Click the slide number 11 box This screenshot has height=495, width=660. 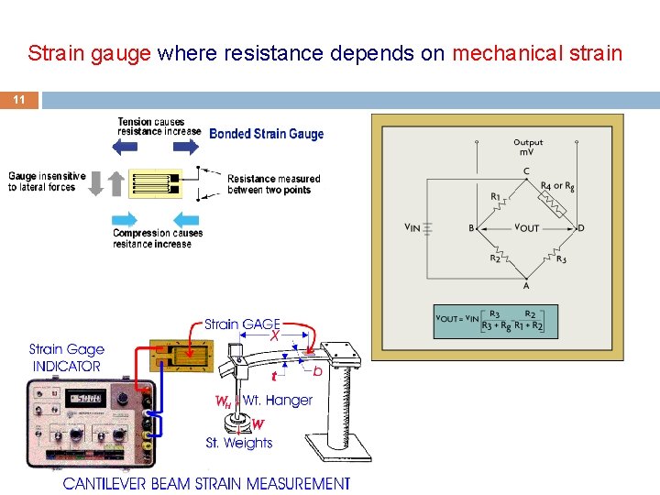point(19,100)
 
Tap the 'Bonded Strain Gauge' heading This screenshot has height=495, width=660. point(266,134)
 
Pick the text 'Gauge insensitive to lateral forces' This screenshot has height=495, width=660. point(47,181)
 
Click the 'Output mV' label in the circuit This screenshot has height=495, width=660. point(528,147)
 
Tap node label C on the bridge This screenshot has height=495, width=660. point(525,170)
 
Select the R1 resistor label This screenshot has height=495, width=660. point(495,195)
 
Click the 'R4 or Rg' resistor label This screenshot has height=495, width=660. point(557,186)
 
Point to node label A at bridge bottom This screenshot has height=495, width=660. point(525,285)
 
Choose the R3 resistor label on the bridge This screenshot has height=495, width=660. point(561,258)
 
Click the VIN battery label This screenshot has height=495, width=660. point(412,227)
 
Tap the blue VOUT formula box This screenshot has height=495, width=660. point(495,320)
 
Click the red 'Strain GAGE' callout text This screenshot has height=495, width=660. point(242,324)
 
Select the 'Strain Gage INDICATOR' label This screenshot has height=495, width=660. point(67,357)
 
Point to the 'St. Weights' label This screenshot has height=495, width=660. point(238,443)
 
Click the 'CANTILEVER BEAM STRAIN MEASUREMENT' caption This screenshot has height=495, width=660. point(206,483)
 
